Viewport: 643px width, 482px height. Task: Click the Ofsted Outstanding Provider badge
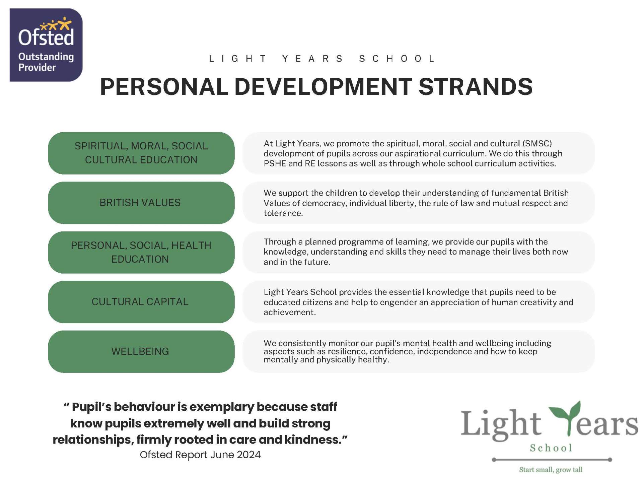pos(46,45)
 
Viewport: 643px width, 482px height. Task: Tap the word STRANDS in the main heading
pos(476,86)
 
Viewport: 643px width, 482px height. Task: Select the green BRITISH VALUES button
pos(141,203)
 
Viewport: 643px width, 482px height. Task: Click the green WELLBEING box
pos(141,351)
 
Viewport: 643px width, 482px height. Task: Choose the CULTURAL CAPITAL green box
pos(141,302)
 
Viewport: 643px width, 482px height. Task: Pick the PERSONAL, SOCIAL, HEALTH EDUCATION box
pos(141,252)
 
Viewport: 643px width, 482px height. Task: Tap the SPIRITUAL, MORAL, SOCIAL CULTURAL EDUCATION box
pos(141,153)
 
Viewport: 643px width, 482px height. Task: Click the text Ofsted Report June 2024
pos(200,455)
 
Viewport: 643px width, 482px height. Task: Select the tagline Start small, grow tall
pos(551,470)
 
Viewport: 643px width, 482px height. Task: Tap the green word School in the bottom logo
pos(551,448)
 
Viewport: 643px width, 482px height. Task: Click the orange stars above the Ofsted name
pos(56,24)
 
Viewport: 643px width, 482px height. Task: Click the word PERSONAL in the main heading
pos(164,86)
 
